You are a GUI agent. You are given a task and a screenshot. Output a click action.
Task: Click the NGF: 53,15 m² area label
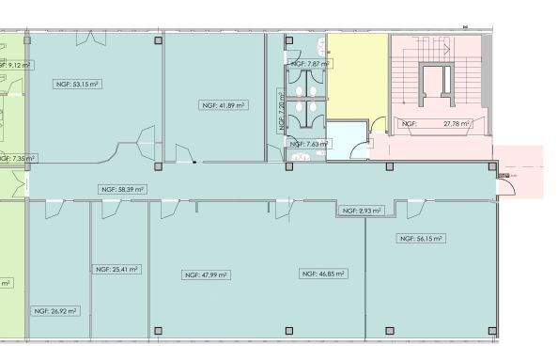[78, 84]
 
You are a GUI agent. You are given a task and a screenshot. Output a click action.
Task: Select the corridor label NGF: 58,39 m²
[122, 189]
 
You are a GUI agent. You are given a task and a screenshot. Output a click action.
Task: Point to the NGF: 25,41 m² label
[117, 269]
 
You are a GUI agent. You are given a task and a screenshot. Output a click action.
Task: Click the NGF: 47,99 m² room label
[206, 274]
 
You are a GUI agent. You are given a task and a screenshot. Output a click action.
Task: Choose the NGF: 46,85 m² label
[322, 274]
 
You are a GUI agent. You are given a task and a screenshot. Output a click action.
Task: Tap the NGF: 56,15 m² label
[421, 239]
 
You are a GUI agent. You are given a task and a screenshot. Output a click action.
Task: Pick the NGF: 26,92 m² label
[55, 310]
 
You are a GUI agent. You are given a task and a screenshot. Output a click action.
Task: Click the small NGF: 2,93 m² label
[361, 211]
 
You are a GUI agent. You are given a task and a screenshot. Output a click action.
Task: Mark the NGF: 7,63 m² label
[307, 144]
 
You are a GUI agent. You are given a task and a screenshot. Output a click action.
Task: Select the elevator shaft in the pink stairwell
[438, 86]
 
